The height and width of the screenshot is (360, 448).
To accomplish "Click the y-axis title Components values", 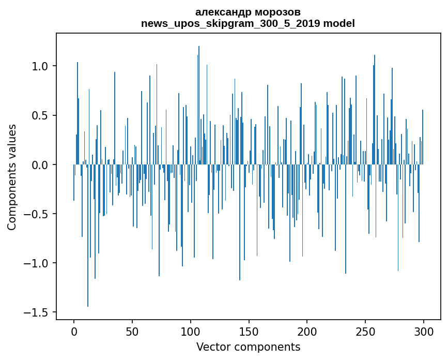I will click(12, 177).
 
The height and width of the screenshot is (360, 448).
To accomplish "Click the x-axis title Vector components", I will click(248, 347).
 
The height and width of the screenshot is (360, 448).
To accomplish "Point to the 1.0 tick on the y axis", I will click(41, 66).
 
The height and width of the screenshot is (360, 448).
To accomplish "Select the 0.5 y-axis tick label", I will click(41, 115).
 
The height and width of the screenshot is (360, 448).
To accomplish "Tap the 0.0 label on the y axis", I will click(41, 164).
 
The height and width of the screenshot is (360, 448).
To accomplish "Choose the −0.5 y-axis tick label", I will click(37, 214).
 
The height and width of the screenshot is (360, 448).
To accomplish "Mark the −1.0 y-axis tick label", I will click(37, 263).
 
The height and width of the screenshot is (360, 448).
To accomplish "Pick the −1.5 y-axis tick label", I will click(37, 312).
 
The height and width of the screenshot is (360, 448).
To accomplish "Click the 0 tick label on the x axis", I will click(74, 331).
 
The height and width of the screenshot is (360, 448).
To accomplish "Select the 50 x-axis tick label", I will click(132, 331).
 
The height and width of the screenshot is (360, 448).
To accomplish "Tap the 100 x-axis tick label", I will click(191, 331).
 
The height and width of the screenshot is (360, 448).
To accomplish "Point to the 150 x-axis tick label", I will click(249, 331).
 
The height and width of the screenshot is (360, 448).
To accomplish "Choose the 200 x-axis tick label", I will click(307, 331).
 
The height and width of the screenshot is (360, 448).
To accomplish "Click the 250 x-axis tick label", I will click(365, 331).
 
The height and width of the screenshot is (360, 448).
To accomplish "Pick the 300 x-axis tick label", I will click(424, 331).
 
